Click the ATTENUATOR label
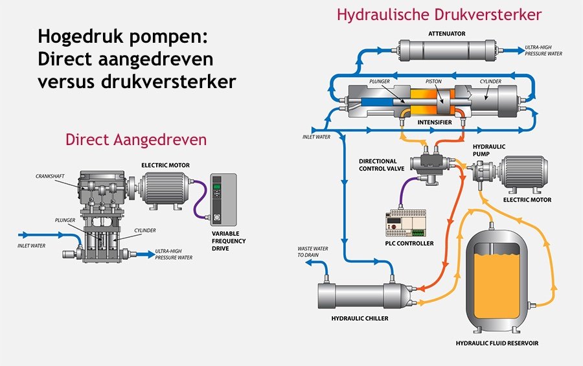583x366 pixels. coord(446,34)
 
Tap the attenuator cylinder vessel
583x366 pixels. coord(448,51)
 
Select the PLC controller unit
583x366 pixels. coord(406,223)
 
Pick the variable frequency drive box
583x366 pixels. coord(223,200)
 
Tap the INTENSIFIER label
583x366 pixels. coord(434,122)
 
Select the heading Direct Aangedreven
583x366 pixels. coord(136,140)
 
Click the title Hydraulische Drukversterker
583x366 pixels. coord(439,15)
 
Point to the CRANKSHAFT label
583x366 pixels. coord(50,176)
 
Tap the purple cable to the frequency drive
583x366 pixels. coord(200,199)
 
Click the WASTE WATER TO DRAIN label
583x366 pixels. coord(313,252)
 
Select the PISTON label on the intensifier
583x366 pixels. coord(433,82)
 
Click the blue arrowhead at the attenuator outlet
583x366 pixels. coord(520,51)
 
